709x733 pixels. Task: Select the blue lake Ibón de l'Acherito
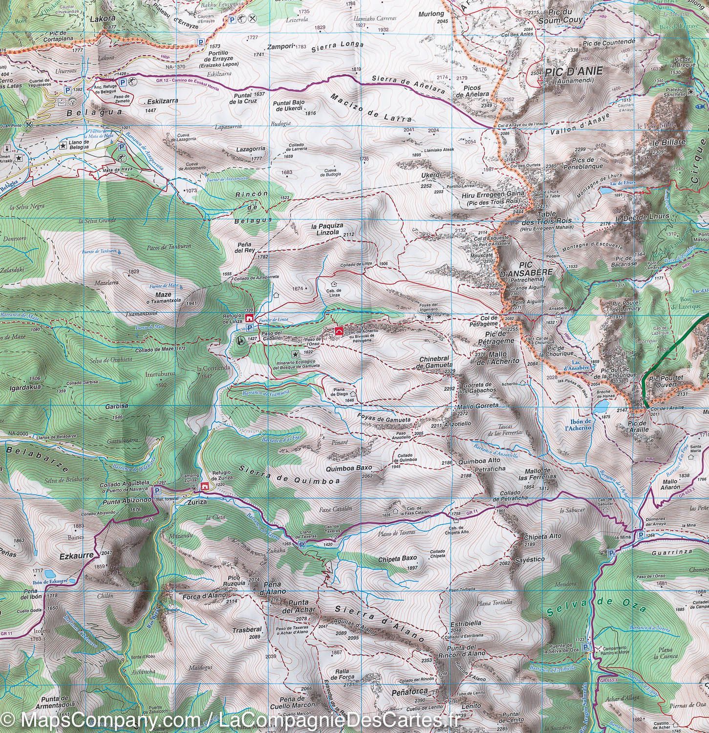[601, 406]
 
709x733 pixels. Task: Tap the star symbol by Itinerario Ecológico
[295, 353]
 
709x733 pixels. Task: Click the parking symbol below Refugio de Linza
[250, 328]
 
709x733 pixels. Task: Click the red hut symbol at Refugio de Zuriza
[205, 486]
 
